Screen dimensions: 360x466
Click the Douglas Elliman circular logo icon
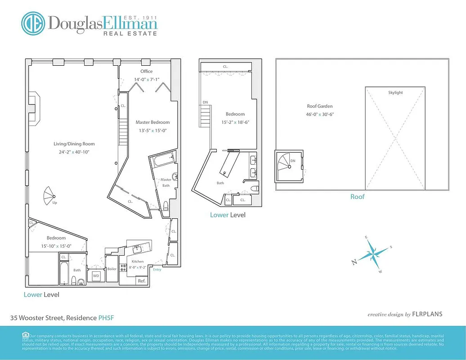(34, 24)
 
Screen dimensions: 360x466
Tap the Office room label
(146, 71)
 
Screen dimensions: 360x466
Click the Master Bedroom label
(152, 122)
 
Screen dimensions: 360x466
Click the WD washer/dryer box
(96, 275)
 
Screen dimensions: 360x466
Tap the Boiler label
(112, 269)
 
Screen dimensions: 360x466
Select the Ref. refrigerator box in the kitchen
(142, 281)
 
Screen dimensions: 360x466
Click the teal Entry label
(157, 270)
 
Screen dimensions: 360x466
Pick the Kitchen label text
(137, 261)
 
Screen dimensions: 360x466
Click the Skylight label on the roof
(395, 93)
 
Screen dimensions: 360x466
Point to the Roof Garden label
(319, 106)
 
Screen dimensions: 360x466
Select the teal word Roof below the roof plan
(358, 197)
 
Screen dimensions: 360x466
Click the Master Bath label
(166, 182)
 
